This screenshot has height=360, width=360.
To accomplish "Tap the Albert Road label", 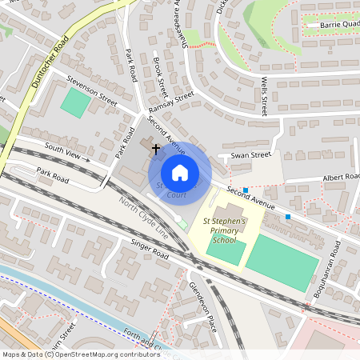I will point(342,175).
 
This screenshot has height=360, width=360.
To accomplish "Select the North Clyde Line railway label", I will point(144,215).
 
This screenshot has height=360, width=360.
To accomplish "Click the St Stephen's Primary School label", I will point(225,230).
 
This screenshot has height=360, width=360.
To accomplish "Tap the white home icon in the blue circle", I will point(180,172).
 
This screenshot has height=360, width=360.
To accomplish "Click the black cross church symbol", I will point(155,149).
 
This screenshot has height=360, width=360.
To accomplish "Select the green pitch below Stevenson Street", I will point(76,103).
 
